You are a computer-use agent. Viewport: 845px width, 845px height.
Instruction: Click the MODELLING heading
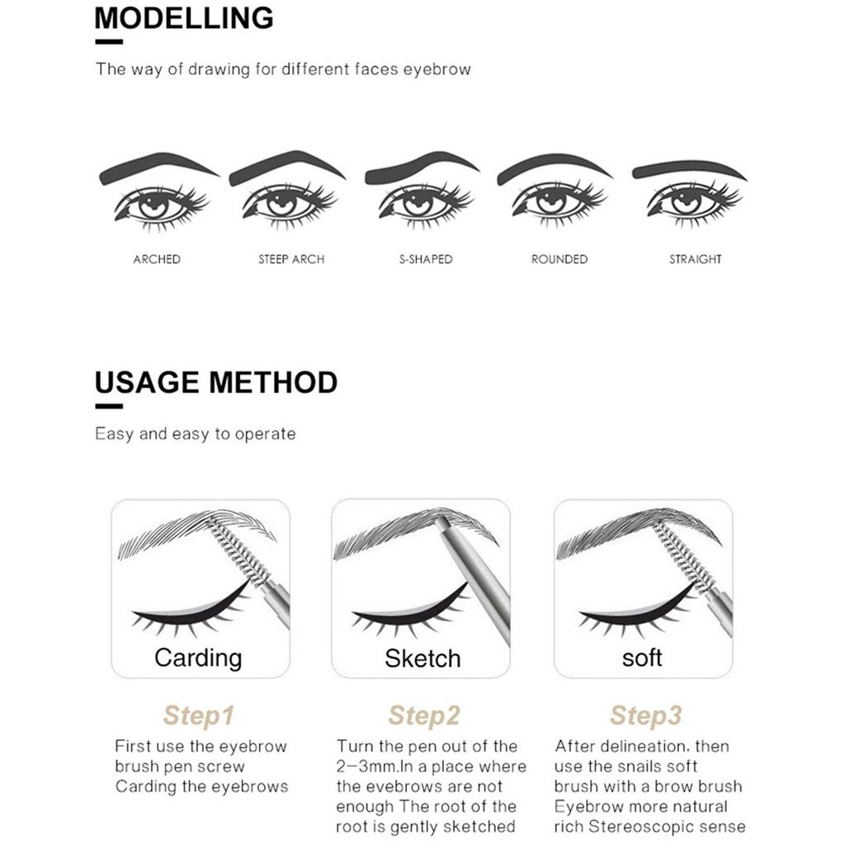tap(184, 18)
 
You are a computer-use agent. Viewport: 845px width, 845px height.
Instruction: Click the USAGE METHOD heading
tap(216, 383)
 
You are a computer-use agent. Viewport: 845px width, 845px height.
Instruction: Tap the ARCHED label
tap(157, 259)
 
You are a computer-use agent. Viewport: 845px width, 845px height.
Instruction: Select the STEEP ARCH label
tap(291, 259)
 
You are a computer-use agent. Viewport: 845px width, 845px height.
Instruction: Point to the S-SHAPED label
tap(425, 259)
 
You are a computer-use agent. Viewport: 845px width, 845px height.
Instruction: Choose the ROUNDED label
tap(559, 259)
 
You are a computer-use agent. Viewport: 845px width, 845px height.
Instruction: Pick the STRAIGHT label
tap(695, 259)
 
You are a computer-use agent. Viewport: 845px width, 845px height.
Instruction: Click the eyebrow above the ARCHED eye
tap(157, 163)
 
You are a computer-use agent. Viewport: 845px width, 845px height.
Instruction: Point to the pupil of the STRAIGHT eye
tap(686, 201)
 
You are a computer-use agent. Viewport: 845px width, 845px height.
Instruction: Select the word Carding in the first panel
tap(198, 658)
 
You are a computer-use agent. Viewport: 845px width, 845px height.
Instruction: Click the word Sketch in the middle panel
tap(422, 659)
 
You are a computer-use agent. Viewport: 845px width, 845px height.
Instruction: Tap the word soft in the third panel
tap(642, 659)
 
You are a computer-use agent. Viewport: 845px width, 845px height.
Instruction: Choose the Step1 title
tap(198, 715)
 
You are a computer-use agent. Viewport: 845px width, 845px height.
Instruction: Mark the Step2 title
tap(423, 715)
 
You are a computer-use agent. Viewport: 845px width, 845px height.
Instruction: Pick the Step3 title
tap(645, 715)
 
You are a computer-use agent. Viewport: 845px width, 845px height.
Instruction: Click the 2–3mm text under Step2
tap(368, 767)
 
